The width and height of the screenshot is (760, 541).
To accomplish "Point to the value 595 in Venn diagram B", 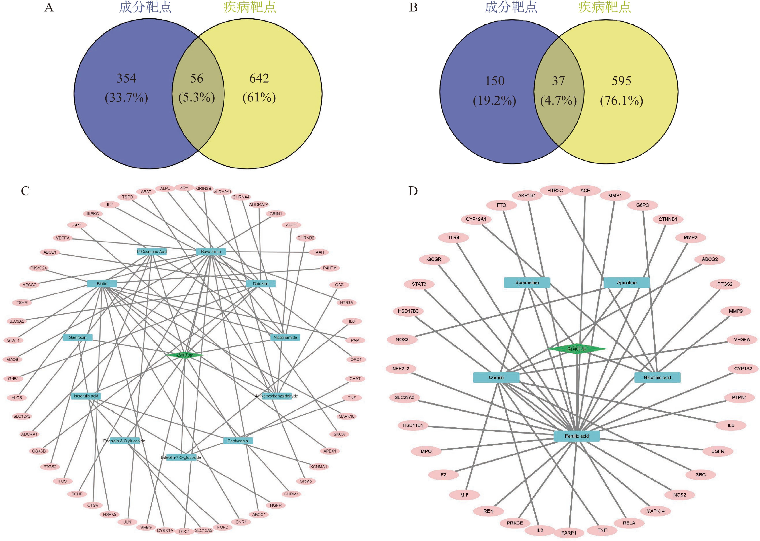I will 621,81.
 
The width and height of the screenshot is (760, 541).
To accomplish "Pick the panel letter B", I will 413,7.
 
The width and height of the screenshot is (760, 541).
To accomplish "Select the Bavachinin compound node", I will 211,252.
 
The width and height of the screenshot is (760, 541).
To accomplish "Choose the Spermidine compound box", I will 527,283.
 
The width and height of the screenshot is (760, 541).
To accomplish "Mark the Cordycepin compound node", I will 238,441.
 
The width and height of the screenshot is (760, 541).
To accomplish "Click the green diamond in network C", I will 185,355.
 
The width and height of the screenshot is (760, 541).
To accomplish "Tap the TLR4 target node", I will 453,237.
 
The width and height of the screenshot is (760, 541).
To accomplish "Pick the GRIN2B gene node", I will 203,189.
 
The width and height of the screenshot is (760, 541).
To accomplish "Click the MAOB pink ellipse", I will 13,359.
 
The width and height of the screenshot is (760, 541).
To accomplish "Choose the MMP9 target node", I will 735,311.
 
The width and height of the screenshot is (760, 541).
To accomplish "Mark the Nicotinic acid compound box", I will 657,377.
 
